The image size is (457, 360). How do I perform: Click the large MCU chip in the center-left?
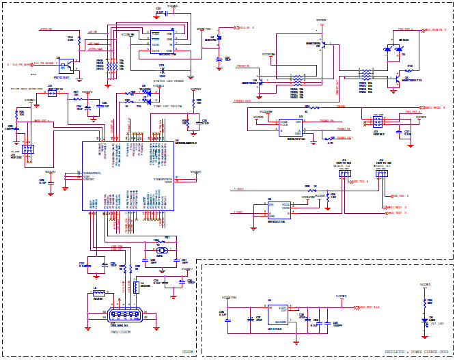tap(128, 176)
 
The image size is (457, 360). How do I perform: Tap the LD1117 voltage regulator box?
tap(276, 314)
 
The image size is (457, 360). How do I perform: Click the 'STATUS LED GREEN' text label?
tap(169, 81)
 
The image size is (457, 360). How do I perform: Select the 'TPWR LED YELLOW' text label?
tap(167, 107)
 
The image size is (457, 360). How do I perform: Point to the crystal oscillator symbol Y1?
tap(160, 251)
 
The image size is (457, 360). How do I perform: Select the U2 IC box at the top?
tap(163, 42)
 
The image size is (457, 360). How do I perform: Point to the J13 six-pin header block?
tap(376, 122)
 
